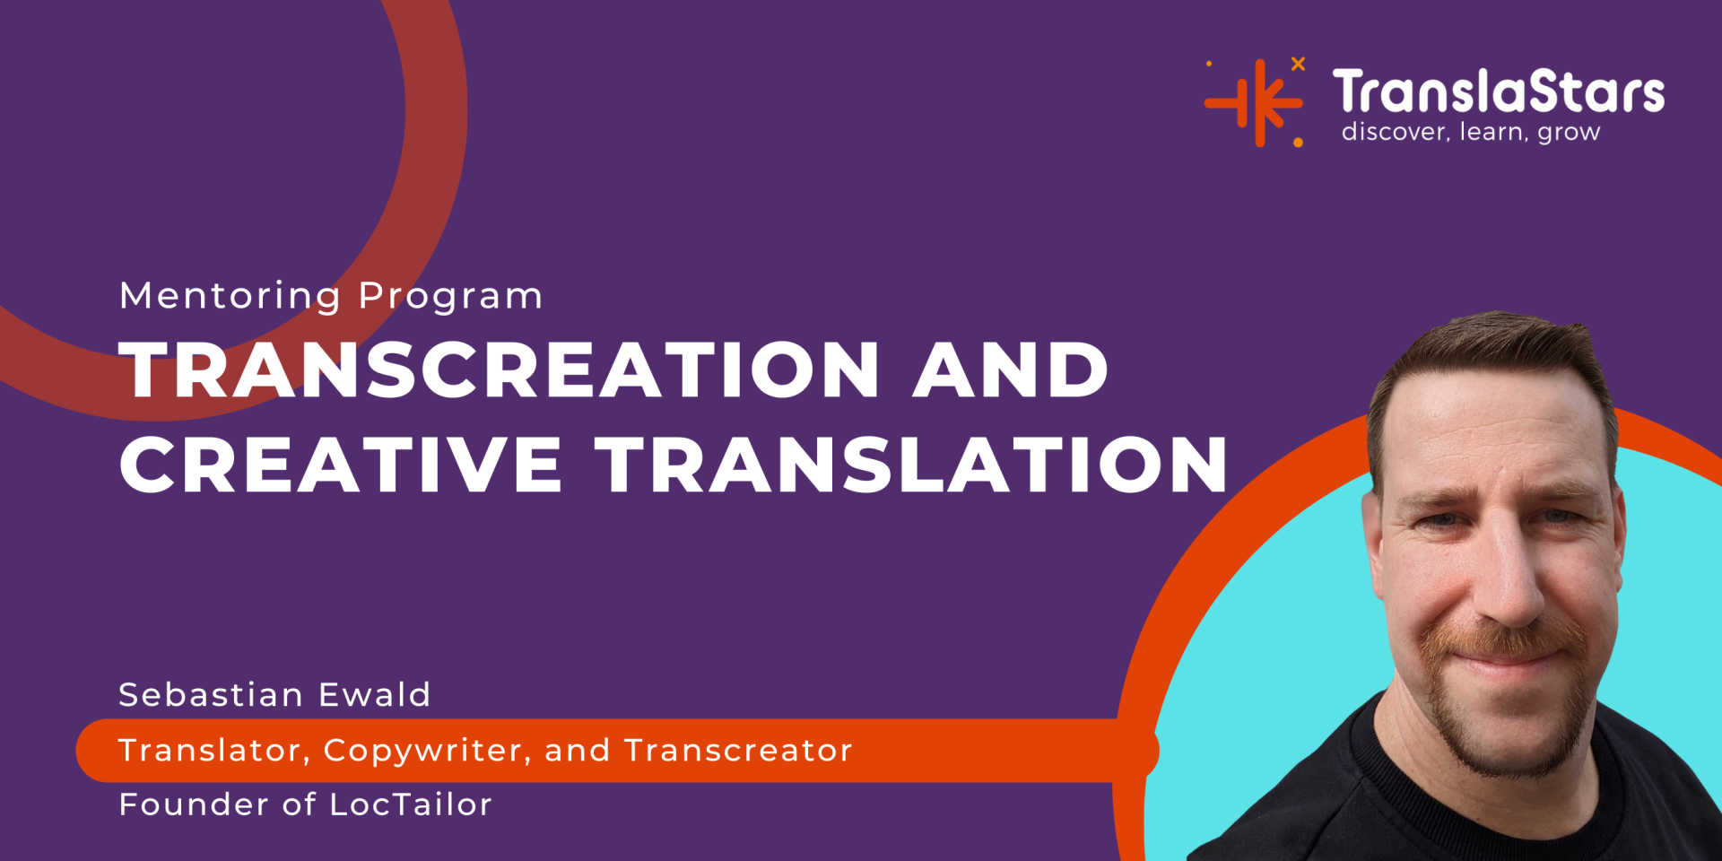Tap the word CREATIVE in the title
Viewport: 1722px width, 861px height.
pyautogui.click(x=341, y=465)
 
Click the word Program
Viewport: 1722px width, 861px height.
pyautogui.click(x=451, y=297)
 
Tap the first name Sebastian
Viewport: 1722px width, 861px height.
pyautogui.click(x=212, y=695)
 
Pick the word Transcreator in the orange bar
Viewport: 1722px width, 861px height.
pyautogui.click(x=738, y=751)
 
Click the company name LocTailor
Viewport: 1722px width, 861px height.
pyautogui.click(x=411, y=804)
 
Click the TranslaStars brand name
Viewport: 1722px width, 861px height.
pyautogui.click(x=1498, y=91)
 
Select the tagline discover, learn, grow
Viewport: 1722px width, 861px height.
pyautogui.click(x=1471, y=133)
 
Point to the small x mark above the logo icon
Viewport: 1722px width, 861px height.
pyautogui.click(x=1298, y=64)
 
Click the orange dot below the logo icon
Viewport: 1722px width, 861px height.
pyautogui.click(x=1298, y=143)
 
